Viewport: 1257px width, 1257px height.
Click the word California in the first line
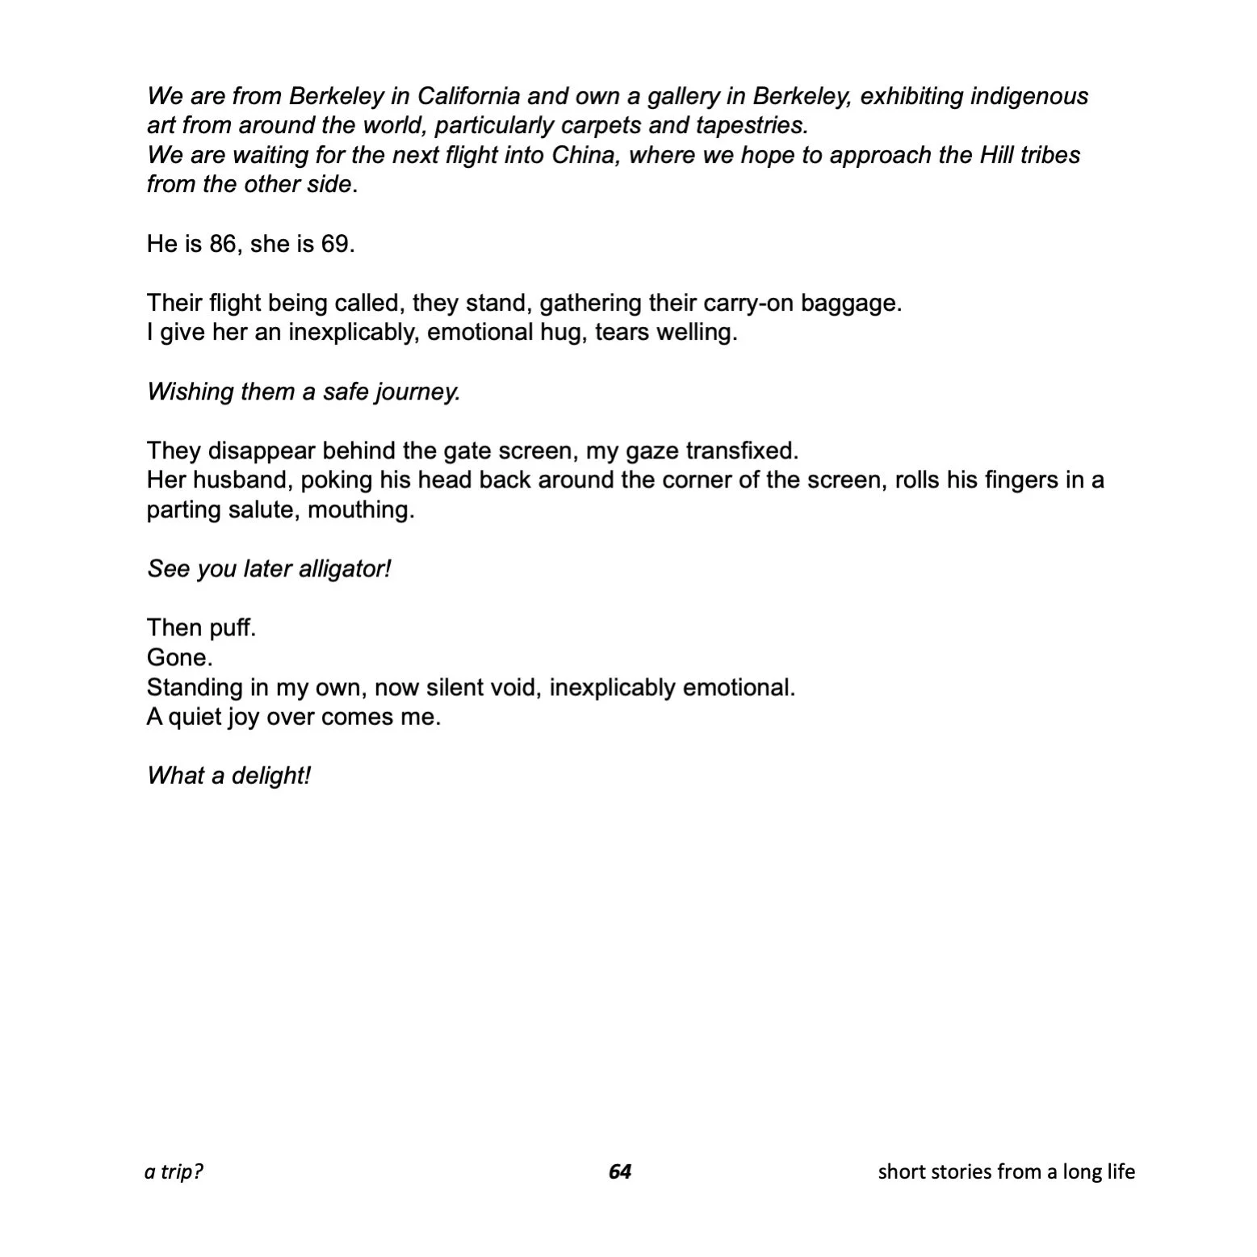[x=468, y=97]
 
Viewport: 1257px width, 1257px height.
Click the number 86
[x=222, y=244]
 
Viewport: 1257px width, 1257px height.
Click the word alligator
[x=345, y=569]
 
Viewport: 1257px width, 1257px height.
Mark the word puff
[x=233, y=628]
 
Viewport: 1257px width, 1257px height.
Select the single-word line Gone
[x=179, y=658]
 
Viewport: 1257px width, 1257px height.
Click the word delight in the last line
[x=270, y=777]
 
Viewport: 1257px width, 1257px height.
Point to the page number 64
[x=620, y=1171]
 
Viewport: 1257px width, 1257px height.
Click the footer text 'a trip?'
[x=174, y=1171]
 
